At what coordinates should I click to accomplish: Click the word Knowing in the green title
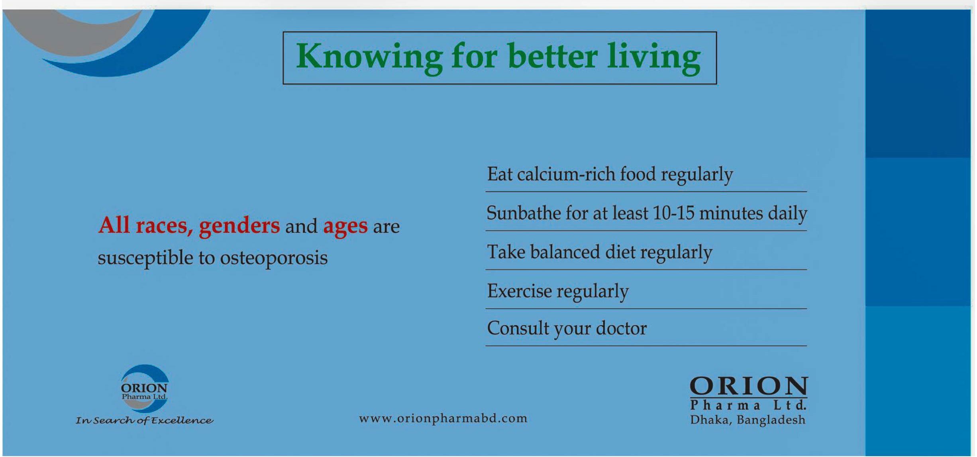tap(369, 57)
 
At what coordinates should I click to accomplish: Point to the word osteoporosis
tap(274, 258)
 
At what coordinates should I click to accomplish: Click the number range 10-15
tap(673, 213)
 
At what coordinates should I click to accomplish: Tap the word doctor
tap(621, 328)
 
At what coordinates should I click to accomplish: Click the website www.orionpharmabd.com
tap(443, 418)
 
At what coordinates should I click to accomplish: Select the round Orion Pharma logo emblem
tap(144, 388)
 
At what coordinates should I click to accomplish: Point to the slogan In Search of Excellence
tap(144, 420)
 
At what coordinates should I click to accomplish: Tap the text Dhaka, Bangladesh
tap(748, 420)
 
